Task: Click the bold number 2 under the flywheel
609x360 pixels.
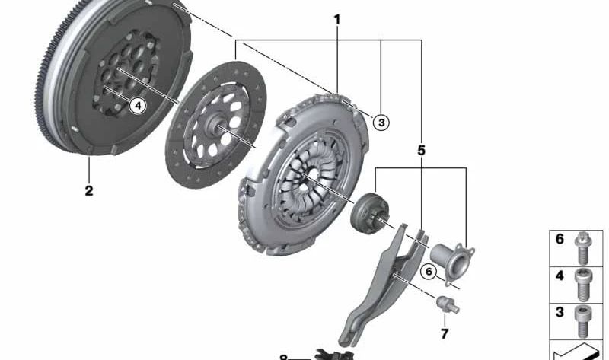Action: coord(89,190)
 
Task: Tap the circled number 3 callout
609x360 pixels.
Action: coord(381,121)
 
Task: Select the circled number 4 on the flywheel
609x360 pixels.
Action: coord(137,105)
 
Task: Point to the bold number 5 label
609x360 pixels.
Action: coord(421,151)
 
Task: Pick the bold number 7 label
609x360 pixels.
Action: coord(445,333)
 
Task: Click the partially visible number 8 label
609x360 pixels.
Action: coord(284,356)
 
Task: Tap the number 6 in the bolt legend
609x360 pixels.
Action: coord(560,240)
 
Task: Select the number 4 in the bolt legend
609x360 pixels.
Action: coord(560,276)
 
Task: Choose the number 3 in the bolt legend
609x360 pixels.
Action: coord(560,312)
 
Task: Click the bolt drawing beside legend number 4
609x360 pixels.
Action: coord(582,282)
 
